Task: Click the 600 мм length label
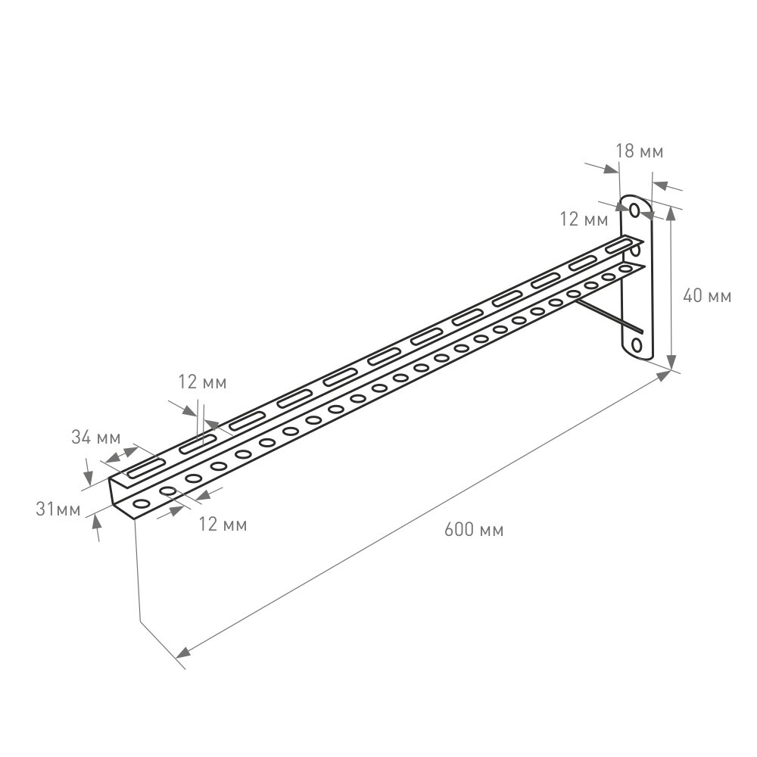[473, 530]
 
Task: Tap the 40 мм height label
[707, 297]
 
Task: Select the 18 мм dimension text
[639, 151]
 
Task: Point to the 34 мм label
[96, 437]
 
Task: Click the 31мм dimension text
[58, 509]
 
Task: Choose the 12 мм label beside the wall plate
[584, 220]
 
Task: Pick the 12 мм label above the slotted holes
[202, 382]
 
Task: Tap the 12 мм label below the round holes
[222, 524]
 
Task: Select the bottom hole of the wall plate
[636, 346]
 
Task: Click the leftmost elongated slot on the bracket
[147, 469]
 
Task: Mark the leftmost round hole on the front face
[141, 503]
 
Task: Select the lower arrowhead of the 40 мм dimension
[671, 363]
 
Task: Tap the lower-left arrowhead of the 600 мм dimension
[182, 653]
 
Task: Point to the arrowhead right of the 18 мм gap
[657, 184]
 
